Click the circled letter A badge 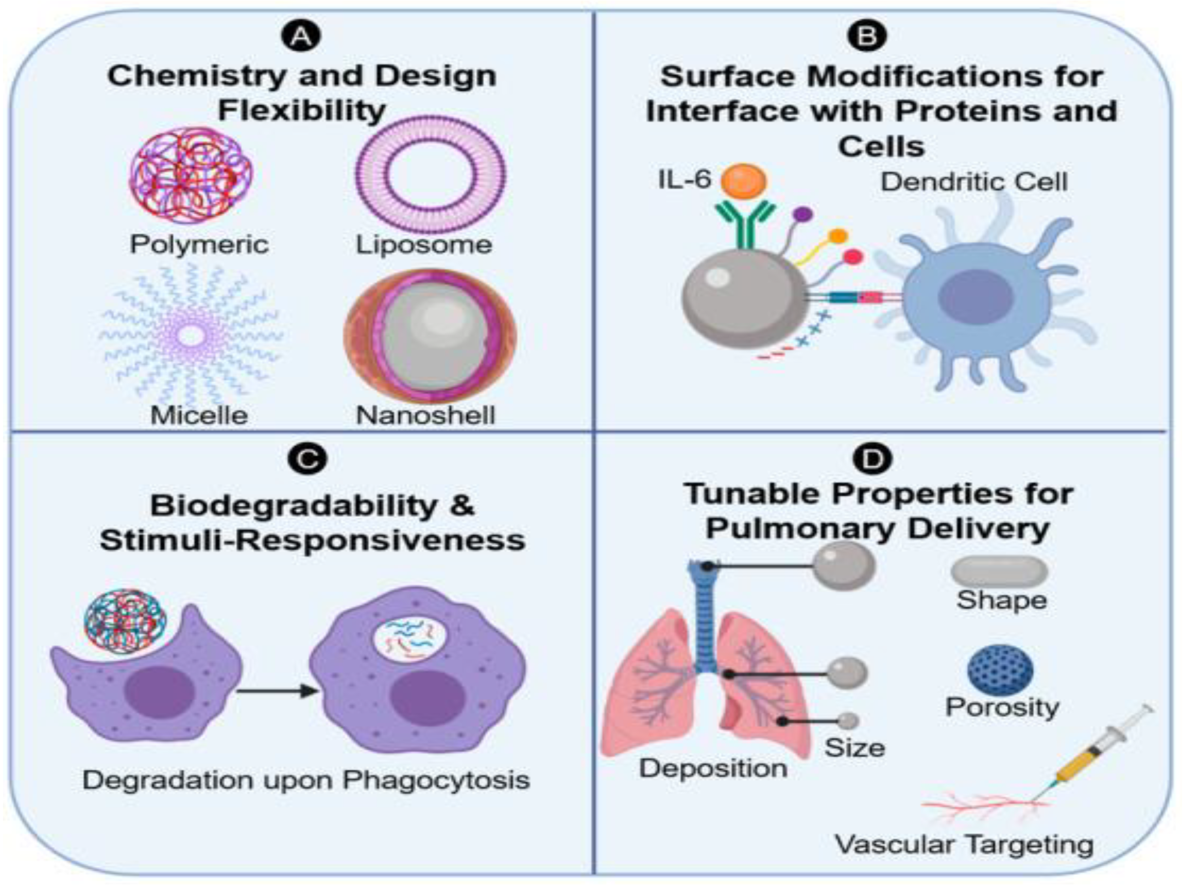(x=301, y=36)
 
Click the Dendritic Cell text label (x=974, y=182)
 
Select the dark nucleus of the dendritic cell (x=976, y=296)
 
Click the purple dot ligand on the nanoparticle (x=802, y=214)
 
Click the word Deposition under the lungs (x=713, y=768)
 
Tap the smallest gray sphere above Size (x=847, y=721)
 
